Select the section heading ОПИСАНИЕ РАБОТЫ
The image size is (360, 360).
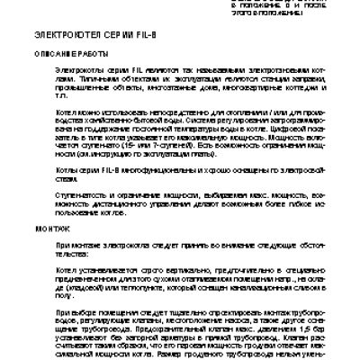point(64,54)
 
